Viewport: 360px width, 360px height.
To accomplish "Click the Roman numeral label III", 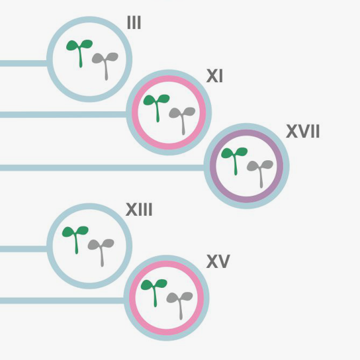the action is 134,22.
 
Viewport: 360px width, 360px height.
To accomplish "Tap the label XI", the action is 214,75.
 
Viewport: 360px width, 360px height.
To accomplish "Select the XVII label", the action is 303,131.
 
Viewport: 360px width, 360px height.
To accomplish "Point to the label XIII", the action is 139,209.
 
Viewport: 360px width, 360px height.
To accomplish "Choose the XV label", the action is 218,261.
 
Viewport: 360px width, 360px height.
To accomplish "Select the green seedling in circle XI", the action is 157,105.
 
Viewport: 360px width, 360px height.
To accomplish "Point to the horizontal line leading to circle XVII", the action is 102,168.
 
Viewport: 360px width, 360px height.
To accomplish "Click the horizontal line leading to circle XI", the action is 63,114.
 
